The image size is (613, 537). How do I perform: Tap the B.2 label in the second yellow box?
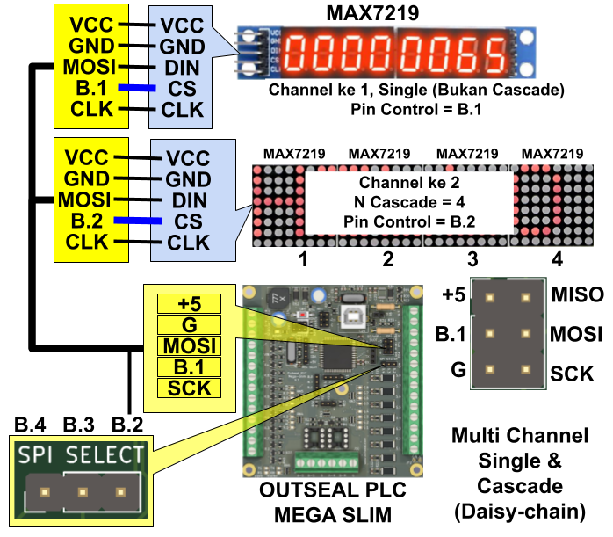click(x=90, y=221)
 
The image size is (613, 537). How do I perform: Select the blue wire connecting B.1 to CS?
click(x=137, y=88)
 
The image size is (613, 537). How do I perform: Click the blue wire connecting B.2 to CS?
click(x=138, y=221)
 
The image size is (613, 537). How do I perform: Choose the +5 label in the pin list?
click(x=189, y=304)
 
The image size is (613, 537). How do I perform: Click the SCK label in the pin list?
click(x=189, y=388)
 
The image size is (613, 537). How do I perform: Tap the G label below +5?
click(x=189, y=325)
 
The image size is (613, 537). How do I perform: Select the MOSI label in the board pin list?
click(x=189, y=346)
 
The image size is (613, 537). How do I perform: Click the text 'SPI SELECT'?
click(x=82, y=455)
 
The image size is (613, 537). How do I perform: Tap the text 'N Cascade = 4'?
click(x=408, y=202)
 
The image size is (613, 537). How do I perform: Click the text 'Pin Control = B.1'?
click(x=416, y=110)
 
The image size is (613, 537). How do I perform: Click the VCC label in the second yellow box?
click(x=87, y=158)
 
